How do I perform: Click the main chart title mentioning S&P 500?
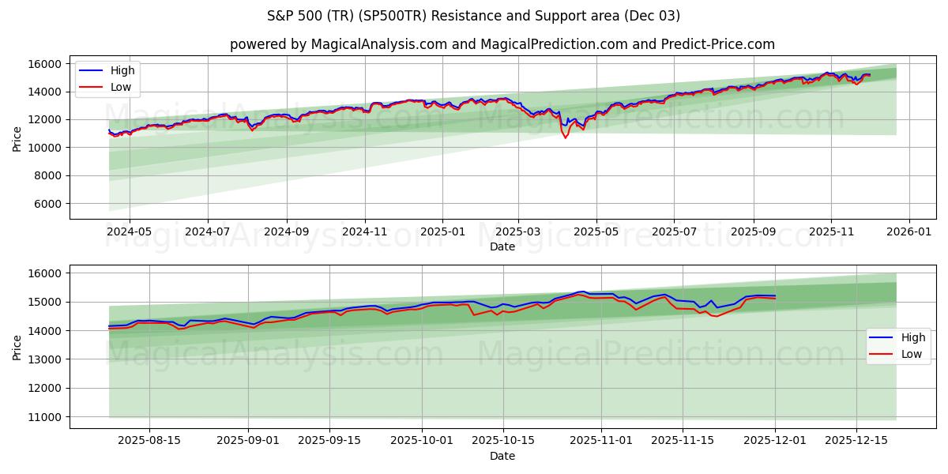(474, 16)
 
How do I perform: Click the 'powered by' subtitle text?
(502, 44)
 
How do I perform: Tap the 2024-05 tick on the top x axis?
(129, 232)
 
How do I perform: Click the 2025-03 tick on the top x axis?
(518, 232)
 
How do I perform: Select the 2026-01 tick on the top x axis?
(908, 232)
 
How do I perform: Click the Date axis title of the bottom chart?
(502, 456)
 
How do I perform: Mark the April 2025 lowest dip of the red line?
(565, 137)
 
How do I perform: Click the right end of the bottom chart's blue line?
(775, 295)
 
